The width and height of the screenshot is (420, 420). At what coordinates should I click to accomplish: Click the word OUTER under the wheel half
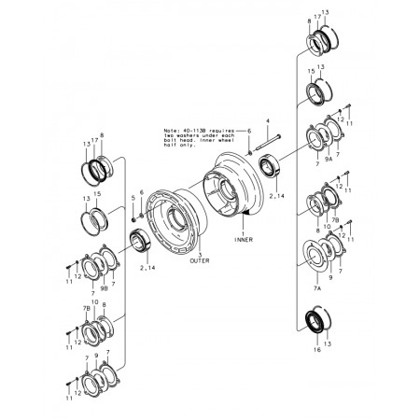199,262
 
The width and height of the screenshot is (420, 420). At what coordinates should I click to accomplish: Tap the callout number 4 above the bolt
266,121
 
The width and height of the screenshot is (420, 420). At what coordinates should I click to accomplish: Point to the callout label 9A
329,160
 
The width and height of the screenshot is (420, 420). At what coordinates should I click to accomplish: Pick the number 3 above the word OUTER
199,255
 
